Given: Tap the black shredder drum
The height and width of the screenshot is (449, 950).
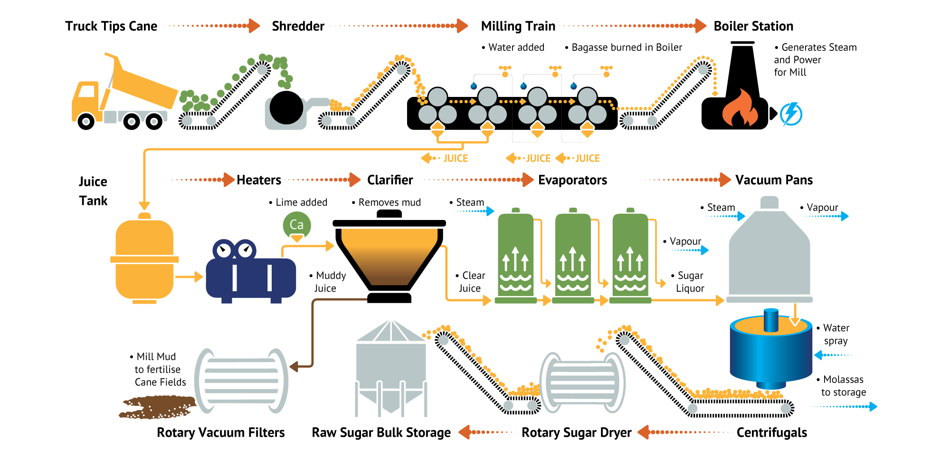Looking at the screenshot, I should (286, 108).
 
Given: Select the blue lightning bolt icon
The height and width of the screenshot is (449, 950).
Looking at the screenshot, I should (791, 114).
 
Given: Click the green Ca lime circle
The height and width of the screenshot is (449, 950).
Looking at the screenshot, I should (297, 225).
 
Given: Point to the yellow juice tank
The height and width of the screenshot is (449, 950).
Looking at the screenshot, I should (144, 259).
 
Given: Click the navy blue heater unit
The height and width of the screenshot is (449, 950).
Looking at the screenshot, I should (250, 276).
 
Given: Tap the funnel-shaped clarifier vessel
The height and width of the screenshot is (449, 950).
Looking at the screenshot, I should (389, 257).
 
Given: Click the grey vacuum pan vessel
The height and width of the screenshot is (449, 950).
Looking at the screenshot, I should (769, 257).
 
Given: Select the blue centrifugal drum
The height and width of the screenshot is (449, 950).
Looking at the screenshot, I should (770, 354).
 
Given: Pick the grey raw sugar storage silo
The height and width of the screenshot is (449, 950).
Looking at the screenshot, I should (391, 368).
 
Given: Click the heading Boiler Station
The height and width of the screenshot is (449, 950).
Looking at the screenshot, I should (753, 26).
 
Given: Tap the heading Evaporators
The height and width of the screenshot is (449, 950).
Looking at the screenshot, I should (572, 180).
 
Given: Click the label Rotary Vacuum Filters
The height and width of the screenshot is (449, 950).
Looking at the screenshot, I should (221, 432).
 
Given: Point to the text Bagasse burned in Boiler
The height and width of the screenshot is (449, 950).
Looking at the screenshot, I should (626, 48).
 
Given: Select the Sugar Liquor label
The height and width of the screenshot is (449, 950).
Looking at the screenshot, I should (690, 282).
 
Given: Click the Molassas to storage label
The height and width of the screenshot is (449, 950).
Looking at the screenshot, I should (843, 386).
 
